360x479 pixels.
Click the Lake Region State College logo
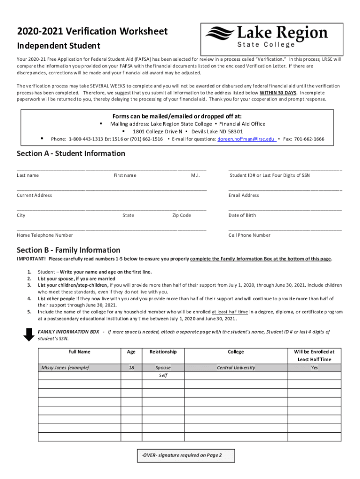[x=266, y=39]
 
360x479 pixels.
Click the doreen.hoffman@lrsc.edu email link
[x=246, y=139]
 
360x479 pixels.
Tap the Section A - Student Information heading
[x=71, y=153]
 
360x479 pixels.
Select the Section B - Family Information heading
[x=68, y=250]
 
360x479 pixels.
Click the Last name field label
[x=28, y=175]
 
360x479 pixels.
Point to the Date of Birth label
[x=242, y=215]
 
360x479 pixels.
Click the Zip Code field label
[x=181, y=215]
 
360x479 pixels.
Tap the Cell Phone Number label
[x=249, y=235]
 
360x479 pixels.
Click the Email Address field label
[x=244, y=195]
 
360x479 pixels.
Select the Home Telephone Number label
[x=45, y=235]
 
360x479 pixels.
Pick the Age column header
[x=131, y=352]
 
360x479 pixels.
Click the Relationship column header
[x=163, y=352]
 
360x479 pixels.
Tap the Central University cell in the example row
[x=236, y=368]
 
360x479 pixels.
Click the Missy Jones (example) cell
[x=65, y=368]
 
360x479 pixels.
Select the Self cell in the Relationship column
[x=163, y=376]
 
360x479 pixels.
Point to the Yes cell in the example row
[x=314, y=368]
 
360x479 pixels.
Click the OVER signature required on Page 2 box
[x=182, y=455]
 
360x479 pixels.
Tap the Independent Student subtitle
[x=59, y=46]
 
